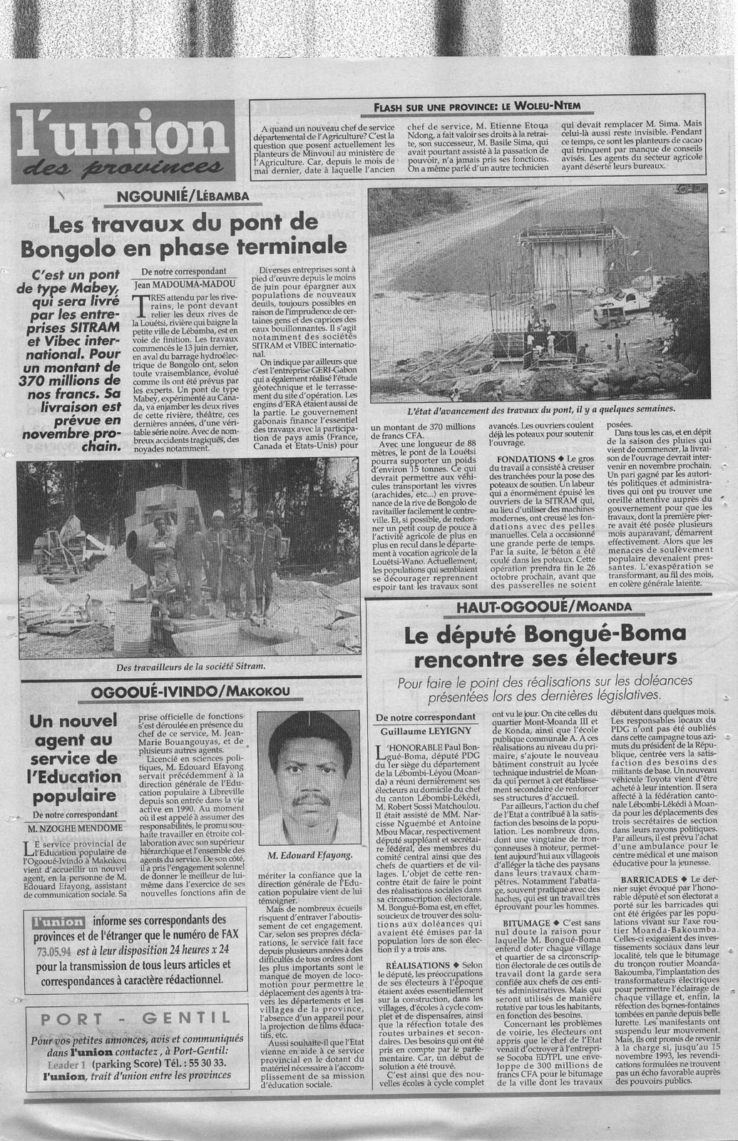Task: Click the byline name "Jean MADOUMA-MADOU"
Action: pos(185,284)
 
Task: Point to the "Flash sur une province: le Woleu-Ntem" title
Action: pos(477,108)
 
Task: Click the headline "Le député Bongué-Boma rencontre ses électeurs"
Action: pos(545,644)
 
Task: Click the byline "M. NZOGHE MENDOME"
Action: pos(73,827)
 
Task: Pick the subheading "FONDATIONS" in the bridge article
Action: pos(524,458)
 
